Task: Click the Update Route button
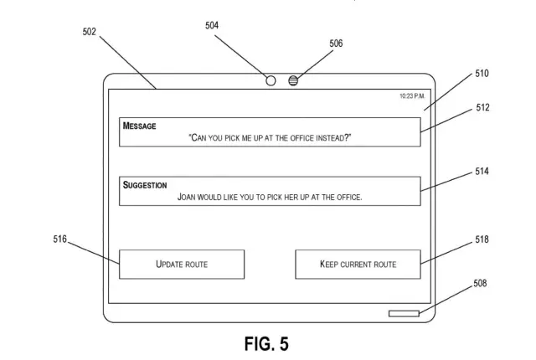pos(182,265)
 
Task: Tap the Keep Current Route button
pos(358,265)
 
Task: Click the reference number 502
pos(90,32)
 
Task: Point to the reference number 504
pos(213,26)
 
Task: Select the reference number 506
pos(335,43)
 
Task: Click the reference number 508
pos(480,284)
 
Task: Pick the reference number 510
pos(482,74)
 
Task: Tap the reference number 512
pos(482,108)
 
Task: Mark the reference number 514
pos(482,172)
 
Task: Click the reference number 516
pos(59,239)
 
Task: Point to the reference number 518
pos(482,240)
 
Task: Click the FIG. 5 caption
pos(266,344)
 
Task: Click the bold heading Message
pos(140,126)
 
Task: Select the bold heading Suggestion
pos(145,185)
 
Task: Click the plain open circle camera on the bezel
pos(271,80)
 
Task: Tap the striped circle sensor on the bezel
pos(293,80)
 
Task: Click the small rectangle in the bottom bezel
pos(404,314)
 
